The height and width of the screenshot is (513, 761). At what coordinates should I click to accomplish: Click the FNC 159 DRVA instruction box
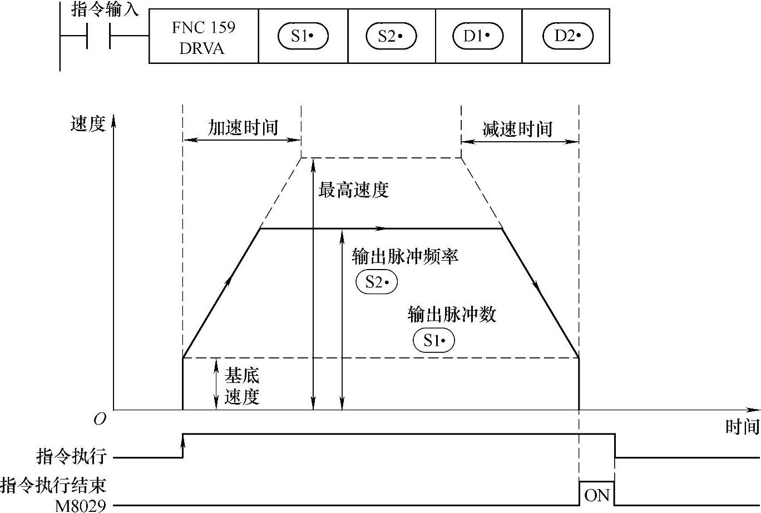coord(203,37)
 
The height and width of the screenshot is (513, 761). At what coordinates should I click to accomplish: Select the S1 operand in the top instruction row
coord(303,37)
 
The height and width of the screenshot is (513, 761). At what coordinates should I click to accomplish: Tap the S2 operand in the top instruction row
coord(391,37)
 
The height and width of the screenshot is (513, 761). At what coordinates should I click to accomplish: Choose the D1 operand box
coord(478,37)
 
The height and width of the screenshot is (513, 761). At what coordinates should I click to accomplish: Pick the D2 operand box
coord(567,37)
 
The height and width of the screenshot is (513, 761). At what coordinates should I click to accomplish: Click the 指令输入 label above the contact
coord(105,10)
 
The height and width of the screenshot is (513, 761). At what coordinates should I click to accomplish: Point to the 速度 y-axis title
coord(88,124)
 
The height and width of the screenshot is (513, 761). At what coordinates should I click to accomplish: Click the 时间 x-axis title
coord(742,427)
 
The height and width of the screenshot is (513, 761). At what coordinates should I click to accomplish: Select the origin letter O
coord(100,420)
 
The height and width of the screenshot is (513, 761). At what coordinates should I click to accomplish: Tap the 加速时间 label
coord(243,128)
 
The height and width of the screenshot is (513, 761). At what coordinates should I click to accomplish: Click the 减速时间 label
coord(517,129)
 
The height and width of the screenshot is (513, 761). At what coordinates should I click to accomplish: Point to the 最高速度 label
coord(353,190)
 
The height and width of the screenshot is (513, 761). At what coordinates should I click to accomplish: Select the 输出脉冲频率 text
coord(405,257)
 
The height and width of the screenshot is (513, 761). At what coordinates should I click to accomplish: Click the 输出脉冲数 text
coord(452,315)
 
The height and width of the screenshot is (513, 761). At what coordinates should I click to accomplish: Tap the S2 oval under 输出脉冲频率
coord(377,282)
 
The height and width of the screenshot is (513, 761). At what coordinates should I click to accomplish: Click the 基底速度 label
coord(241,387)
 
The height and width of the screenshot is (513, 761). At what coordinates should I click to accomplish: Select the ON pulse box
coord(597,494)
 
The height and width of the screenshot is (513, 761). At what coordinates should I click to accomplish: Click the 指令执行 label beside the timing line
coord(71,457)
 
